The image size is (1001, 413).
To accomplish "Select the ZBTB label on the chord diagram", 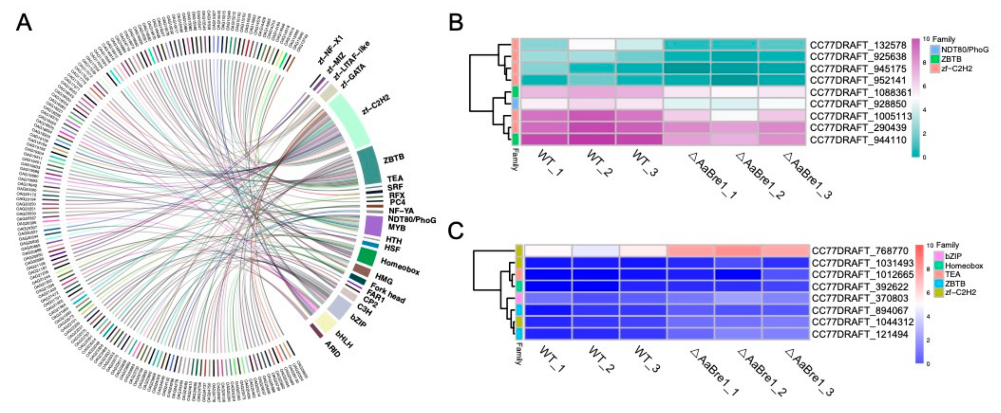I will (x=394, y=158).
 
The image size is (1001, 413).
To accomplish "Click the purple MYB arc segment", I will (x=373, y=226).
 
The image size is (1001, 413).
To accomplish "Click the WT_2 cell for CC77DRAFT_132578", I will (x=592, y=44).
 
